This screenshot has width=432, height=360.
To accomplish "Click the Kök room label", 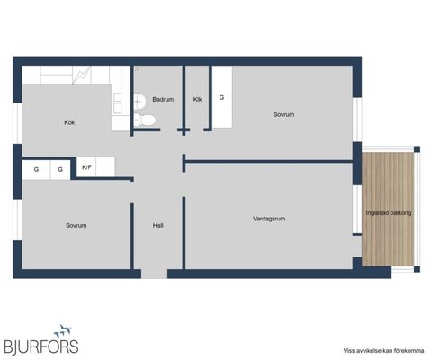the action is [x=69, y=122].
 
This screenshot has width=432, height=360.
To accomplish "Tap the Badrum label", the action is [x=163, y=99].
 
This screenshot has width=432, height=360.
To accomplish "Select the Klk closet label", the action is [x=197, y=99].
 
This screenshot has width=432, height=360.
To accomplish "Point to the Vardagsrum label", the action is [x=269, y=219].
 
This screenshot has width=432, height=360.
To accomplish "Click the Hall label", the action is [x=157, y=226].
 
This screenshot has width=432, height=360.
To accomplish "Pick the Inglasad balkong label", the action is [x=389, y=213].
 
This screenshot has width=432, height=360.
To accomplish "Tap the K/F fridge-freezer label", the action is [x=86, y=167].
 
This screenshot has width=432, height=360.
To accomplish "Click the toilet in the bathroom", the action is [x=145, y=120].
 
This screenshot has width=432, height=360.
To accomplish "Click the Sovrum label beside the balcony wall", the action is [x=283, y=114].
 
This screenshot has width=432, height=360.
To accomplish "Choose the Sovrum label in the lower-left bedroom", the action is [x=76, y=226].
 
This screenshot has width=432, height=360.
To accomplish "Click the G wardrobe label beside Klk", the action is [x=221, y=97].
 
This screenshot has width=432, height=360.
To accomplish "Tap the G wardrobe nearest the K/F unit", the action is [x=60, y=169].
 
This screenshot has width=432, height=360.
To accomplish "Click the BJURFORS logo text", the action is [x=41, y=346].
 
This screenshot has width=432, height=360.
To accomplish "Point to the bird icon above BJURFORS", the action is [x=62, y=330].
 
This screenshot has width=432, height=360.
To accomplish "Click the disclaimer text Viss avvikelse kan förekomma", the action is [x=384, y=351].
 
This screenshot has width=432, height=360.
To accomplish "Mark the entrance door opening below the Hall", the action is [x=154, y=274].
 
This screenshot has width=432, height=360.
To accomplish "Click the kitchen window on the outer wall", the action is [x=17, y=123].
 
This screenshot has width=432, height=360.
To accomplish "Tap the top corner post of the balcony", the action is [x=417, y=149].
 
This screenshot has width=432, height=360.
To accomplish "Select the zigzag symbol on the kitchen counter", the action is [x=82, y=75].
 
